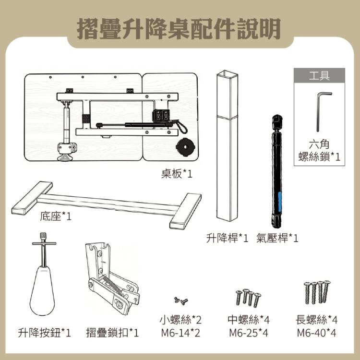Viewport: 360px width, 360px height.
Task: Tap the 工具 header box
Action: (x=319, y=75)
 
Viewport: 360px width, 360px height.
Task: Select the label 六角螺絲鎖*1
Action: (x=319, y=150)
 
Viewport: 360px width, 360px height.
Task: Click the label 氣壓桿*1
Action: (x=277, y=238)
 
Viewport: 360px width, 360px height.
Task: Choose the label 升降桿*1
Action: (x=227, y=238)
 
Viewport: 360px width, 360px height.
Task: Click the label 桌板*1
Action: (x=176, y=174)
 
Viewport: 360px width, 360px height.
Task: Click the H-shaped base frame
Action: (x=106, y=204)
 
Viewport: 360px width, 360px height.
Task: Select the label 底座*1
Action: (x=55, y=216)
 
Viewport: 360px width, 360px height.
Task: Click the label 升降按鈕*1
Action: (x=45, y=332)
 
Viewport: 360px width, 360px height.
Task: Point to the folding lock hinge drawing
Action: (x=110, y=281)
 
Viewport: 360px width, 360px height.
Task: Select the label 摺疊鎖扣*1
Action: (x=112, y=332)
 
